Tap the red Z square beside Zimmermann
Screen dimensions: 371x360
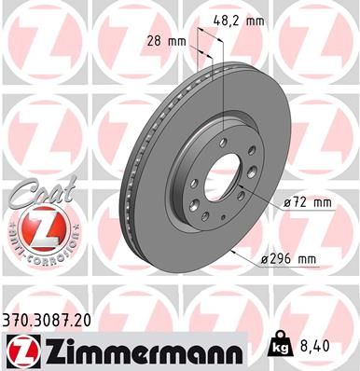21,351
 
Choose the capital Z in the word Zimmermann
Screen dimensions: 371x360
53,351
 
